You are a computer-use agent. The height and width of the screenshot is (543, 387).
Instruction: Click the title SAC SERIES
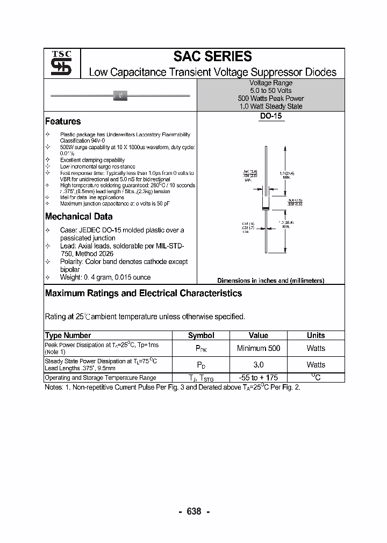pos(212,56)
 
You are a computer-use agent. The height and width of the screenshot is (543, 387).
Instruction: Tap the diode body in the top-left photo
pos(120,96)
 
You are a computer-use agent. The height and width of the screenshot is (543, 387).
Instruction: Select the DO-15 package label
pos(271,116)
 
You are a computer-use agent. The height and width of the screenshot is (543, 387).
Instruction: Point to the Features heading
pos(63,121)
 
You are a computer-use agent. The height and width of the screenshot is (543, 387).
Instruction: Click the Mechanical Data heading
pos(78,217)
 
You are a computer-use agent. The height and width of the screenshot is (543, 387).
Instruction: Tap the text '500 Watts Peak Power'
pos(271,99)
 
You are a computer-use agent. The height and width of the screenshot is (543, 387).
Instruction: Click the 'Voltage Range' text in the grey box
pos(271,83)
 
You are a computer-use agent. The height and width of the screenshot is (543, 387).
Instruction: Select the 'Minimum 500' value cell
pos(258,348)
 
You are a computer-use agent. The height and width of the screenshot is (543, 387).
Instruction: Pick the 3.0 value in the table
pos(258,364)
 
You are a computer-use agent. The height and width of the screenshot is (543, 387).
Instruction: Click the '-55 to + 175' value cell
pos(258,378)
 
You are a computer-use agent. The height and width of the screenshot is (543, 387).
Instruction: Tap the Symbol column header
pos(201,335)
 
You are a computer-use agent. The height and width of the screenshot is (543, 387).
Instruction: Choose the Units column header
pos(316,335)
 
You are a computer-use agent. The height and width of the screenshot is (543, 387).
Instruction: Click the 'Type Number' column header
pos(68,335)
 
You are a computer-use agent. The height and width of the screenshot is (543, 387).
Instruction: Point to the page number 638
pos(193,511)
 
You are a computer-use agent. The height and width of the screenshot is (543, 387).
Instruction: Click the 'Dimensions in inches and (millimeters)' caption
pos(270,281)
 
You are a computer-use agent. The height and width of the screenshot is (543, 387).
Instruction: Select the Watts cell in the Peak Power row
pos(316,348)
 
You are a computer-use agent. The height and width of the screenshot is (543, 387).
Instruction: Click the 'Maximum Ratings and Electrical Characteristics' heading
pos(144,293)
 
